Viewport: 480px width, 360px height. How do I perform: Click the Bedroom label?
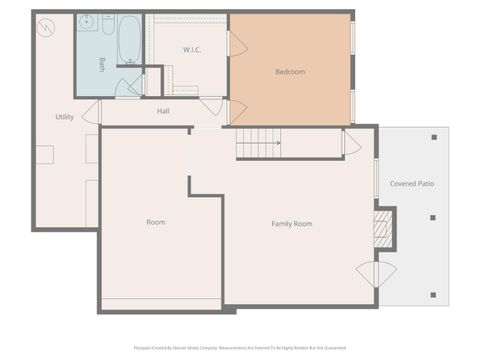tap(290, 72)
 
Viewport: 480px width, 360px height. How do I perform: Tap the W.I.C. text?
tap(193, 50)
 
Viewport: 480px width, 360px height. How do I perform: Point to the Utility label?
tap(64, 117)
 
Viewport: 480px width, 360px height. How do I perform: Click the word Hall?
tap(163, 111)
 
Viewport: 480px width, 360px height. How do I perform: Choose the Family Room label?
tap(292, 224)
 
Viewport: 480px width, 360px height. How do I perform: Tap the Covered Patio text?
tap(411, 184)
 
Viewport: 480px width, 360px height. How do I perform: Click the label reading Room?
tap(156, 222)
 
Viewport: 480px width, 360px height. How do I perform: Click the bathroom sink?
tap(87, 21)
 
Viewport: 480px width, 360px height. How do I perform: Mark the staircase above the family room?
tap(258, 143)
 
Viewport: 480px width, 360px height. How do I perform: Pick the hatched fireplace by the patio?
tap(381, 228)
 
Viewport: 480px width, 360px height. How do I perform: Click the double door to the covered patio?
tap(377, 274)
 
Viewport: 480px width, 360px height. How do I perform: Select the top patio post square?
tap(433, 138)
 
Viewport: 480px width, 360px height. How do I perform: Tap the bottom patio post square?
tap(433, 295)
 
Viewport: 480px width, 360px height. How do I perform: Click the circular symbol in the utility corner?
tap(45, 27)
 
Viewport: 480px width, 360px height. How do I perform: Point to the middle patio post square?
tap(433, 217)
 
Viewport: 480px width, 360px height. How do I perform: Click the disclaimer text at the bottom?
tap(240, 348)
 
